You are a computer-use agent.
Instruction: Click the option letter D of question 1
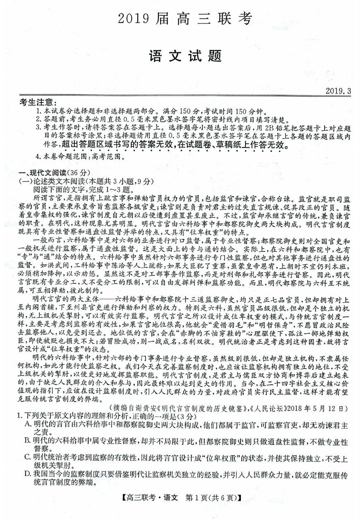click(28, 473)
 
